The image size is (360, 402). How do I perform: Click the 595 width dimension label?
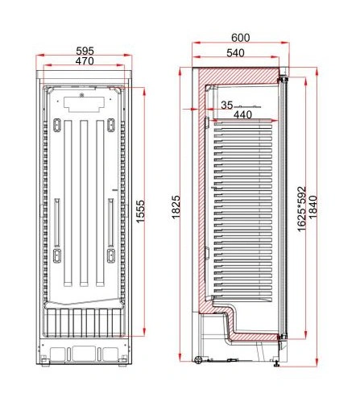point(85,51)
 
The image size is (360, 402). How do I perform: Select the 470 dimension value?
point(85,61)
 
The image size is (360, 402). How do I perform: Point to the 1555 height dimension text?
point(140,211)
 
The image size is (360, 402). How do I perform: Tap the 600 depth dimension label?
point(240,38)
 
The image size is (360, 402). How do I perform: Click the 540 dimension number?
point(235,53)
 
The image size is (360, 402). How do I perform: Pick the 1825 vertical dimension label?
point(176,207)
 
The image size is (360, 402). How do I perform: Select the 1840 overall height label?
point(313,207)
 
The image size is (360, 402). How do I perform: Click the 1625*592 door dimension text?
point(302,209)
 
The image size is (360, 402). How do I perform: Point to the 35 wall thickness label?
point(227,106)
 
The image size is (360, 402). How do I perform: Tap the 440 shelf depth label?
point(242,115)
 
